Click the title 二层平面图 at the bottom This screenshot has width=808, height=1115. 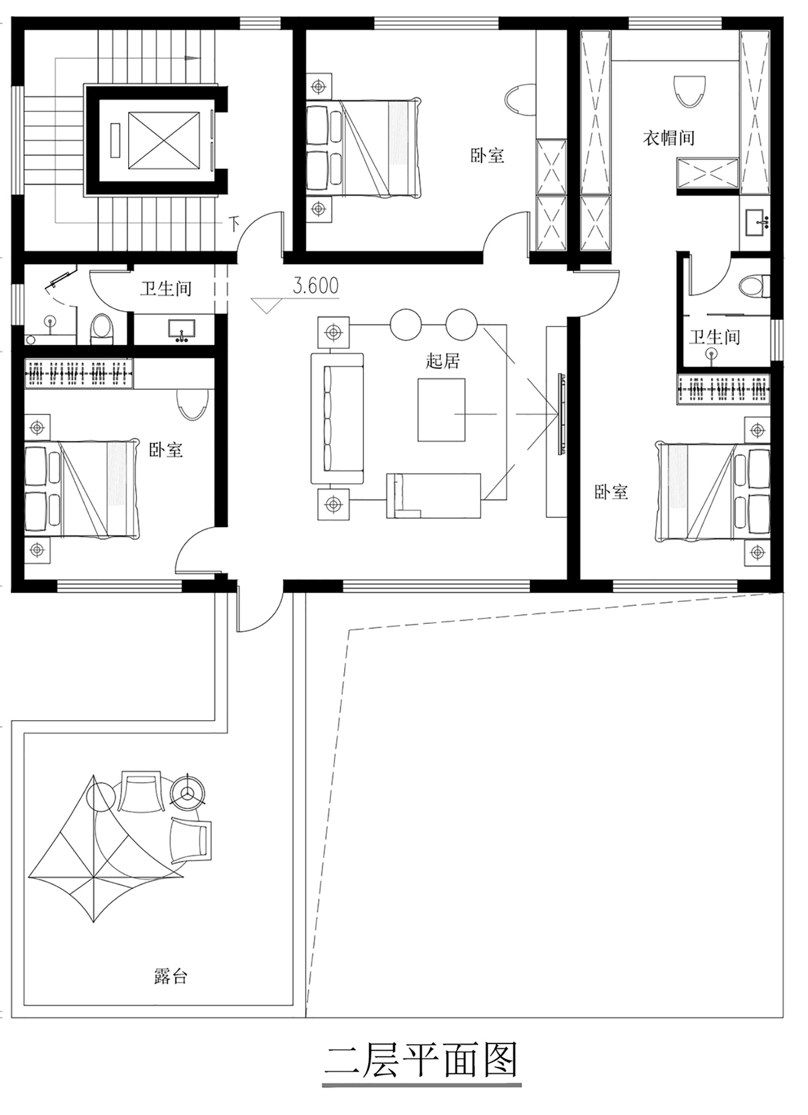tap(421, 1061)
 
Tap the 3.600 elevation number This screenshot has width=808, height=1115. tap(316, 285)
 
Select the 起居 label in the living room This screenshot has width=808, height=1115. tap(443, 360)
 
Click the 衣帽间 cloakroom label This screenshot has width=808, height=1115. tap(668, 138)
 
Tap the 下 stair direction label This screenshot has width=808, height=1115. tap(234, 224)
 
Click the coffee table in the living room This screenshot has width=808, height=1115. tap(441, 410)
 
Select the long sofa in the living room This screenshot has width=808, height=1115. tap(337, 418)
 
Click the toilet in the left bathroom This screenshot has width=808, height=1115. tap(101, 329)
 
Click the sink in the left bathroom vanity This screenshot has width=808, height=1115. tap(182, 330)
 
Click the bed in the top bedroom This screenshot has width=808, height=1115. tap(364, 147)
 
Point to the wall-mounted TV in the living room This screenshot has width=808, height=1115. tap(561, 414)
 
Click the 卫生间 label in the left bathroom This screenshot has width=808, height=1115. tap(166, 289)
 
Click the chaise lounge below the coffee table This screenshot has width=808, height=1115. tap(434, 496)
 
